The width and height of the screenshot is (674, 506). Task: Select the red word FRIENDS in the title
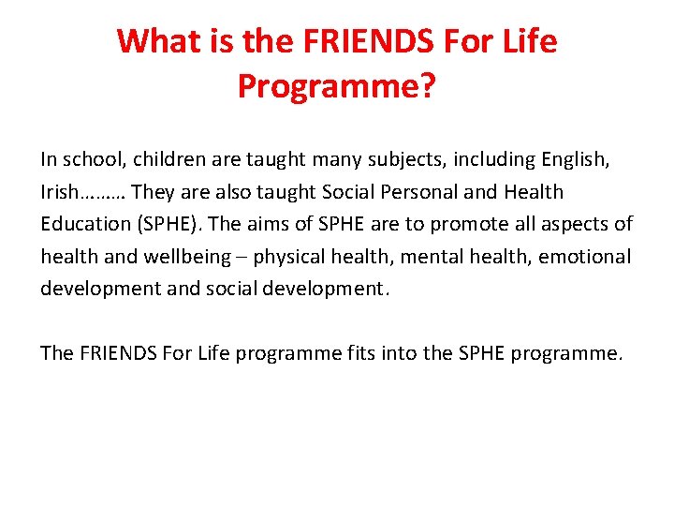[x=359, y=41]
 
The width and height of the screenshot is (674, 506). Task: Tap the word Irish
[x=60, y=192]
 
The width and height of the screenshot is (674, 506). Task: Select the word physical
[x=289, y=256]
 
